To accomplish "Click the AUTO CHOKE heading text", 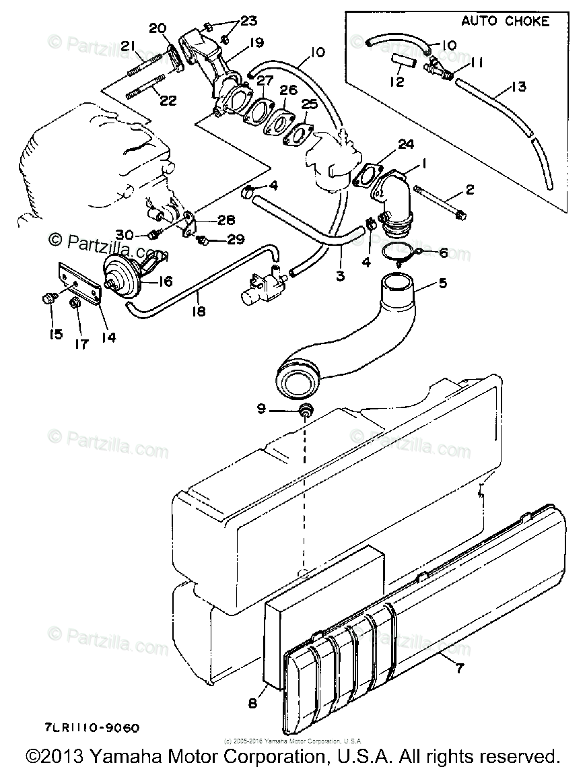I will (x=505, y=21).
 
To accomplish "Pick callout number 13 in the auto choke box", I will (x=519, y=87).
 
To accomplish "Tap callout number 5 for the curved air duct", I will (x=442, y=283).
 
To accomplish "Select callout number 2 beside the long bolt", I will (x=469, y=190).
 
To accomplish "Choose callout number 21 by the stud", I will (x=129, y=46).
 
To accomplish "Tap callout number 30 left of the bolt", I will (x=124, y=234).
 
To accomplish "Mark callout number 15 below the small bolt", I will (x=55, y=334).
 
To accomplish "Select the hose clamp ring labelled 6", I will (x=402, y=253).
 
